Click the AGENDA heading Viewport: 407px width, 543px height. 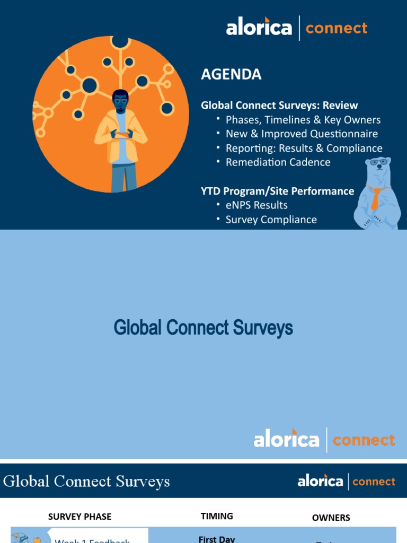tap(231, 75)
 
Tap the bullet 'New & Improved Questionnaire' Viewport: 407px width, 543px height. tap(302, 134)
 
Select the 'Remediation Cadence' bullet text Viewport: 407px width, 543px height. tap(278, 162)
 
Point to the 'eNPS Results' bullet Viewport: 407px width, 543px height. tap(256, 205)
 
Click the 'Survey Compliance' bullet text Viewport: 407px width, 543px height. tap(271, 220)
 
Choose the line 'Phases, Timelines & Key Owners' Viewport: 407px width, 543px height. tap(303, 120)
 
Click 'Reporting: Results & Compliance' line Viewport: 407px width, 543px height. tap(304, 148)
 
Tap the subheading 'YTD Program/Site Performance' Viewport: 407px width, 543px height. tap(277, 191)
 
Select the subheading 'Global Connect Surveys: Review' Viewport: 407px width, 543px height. tap(279, 106)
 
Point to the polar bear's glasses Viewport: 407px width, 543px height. tap(378, 162)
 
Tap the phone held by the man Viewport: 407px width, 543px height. tap(121, 135)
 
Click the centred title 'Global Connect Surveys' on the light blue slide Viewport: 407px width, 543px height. tap(203, 328)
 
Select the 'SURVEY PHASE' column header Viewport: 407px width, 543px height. tap(79, 516)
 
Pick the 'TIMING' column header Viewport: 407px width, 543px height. tap(217, 516)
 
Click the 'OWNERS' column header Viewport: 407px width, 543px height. tap(331, 518)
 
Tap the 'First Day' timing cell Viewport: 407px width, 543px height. tap(216, 539)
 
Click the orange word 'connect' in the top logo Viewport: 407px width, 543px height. tap(336, 28)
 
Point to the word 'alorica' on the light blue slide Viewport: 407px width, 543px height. tap(286, 440)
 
